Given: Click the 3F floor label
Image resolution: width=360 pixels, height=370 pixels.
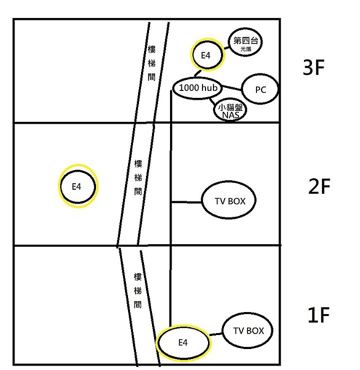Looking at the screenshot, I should (314, 68).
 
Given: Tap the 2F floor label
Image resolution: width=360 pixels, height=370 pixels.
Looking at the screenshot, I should (319, 186).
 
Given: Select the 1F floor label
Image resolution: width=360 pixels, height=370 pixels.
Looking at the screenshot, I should (318, 315).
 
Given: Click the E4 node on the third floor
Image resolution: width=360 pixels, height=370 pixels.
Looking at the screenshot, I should (206, 55).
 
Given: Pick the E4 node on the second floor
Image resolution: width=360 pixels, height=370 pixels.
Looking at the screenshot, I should (77, 187).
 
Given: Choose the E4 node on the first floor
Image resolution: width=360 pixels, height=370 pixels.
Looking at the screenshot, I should (183, 343).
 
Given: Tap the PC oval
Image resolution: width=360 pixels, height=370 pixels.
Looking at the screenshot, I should (260, 90).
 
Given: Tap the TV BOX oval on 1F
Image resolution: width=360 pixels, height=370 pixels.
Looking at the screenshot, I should (248, 331).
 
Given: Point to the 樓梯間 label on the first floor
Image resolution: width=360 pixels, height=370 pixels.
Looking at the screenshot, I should (137, 290).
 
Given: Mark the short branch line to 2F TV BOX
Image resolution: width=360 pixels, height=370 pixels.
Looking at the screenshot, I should (186, 202).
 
